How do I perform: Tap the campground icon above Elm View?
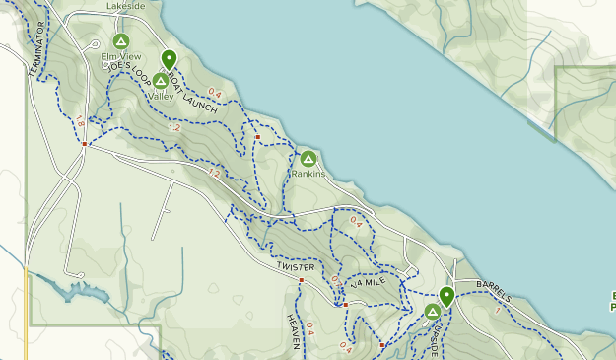[121, 41]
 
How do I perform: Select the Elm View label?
[121, 56]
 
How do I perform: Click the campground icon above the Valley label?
[160, 80]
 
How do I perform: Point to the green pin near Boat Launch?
[169, 59]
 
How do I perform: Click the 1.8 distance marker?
[80, 121]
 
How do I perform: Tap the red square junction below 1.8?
[86, 144]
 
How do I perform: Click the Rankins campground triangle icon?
[308, 158]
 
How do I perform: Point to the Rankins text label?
[308, 174]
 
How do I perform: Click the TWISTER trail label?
[296, 267]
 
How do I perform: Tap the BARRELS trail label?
[494, 290]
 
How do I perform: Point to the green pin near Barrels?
[446, 295]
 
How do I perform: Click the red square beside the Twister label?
[302, 280]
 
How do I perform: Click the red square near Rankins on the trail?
[257, 137]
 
